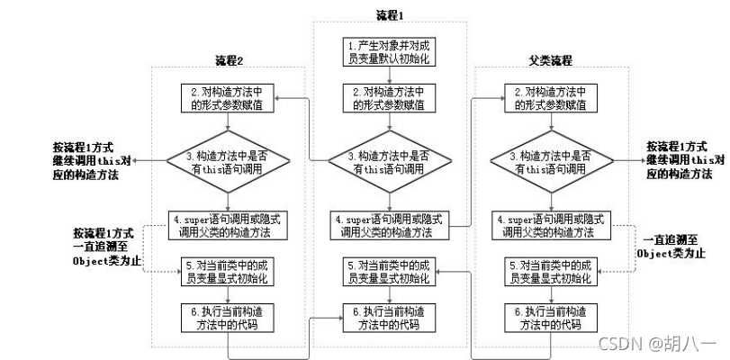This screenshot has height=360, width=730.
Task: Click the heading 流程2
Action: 230,60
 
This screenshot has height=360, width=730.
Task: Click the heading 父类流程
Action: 550,60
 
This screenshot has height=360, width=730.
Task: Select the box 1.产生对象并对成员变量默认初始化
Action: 390,53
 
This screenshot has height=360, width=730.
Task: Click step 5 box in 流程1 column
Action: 390,272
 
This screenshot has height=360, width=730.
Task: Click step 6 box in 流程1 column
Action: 390,317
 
